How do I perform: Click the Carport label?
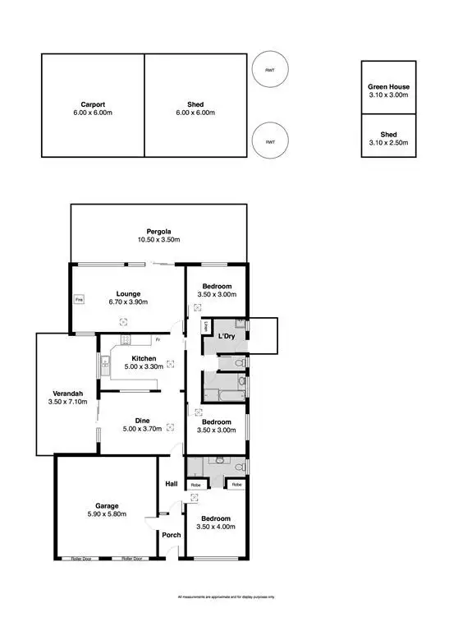tap(91, 104)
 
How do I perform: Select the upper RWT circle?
tap(269, 71)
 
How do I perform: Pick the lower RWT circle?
tap(269, 142)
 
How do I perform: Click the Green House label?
tap(388, 86)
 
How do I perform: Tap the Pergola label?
tap(158, 231)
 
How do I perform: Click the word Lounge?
tap(128, 293)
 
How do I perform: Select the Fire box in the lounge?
tap(80, 300)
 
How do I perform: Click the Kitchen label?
tap(144, 359)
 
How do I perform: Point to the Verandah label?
tap(66, 393)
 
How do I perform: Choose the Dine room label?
tap(142, 421)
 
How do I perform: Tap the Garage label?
tap(107, 505)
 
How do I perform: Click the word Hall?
tap(172, 484)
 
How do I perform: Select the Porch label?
tap(172, 535)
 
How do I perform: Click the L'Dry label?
tap(227, 337)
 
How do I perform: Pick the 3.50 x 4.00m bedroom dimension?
tap(217, 527)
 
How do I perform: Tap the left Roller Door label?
tap(80, 559)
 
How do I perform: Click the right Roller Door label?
tap(133, 559)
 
